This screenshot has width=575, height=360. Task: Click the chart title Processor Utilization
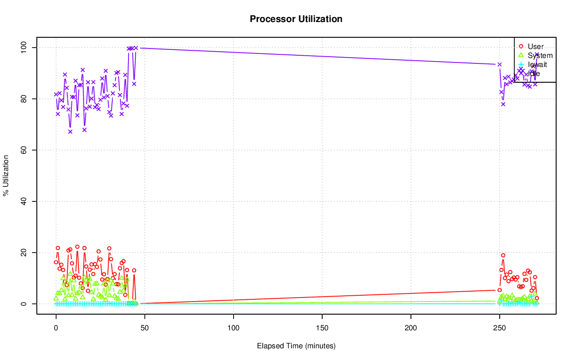point(296,19)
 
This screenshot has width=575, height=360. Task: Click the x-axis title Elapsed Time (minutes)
point(296,346)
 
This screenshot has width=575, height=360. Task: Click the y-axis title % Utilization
point(6,176)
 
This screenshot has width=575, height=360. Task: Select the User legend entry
point(535,46)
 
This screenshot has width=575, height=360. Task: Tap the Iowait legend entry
point(537,65)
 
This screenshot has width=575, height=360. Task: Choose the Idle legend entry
point(534,74)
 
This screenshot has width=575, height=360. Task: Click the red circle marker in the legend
point(521,46)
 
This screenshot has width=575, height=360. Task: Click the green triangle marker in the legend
point(521,55)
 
